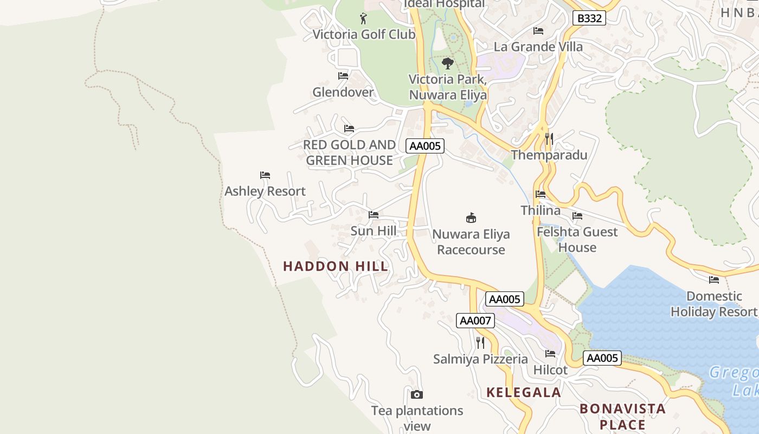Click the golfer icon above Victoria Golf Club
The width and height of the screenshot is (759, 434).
tap(363, 19)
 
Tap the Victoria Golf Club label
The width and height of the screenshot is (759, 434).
tap(364, 35)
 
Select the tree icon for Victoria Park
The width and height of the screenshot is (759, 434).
tap(447, 63)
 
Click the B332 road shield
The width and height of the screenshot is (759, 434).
tap(589, 18)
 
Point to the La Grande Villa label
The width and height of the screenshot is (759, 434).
tap(538, 47)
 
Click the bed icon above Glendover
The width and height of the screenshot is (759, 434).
tap(343, 76)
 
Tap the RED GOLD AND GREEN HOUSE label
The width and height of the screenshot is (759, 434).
tap(349, 152)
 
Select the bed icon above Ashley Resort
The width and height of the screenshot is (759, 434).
tap(265, 175)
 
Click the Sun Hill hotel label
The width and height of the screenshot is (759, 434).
tap(373, 231)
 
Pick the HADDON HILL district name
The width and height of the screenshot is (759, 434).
tap(336, 266)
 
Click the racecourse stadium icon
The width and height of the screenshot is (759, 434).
tap(471, 218)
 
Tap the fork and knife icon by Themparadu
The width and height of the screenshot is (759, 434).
tap(549, 138)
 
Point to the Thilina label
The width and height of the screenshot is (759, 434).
tap(541, 210)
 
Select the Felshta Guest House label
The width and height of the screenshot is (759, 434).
tap(577, 240)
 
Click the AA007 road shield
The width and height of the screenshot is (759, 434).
tap(475, 321)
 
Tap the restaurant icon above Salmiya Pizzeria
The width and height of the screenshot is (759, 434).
tap(480, 342)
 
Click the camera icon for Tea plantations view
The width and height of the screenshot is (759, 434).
tap(416, 394)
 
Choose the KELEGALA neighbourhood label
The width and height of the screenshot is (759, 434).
tap(523, 393)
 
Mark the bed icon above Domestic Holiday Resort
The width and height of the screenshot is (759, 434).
tap(714, 280)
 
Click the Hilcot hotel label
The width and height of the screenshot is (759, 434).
tap(550, 371)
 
